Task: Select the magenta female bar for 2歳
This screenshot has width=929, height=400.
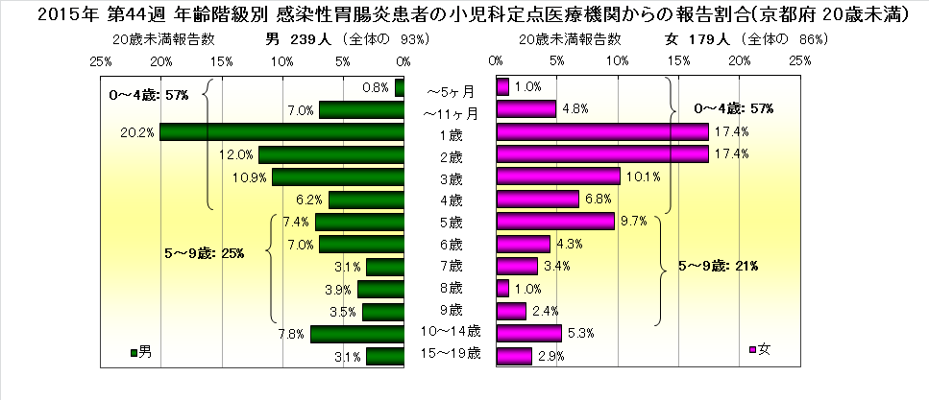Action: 602,154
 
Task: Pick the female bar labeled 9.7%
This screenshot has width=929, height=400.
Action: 555,222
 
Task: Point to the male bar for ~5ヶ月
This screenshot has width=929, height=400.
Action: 400,87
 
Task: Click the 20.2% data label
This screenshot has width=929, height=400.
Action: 139,132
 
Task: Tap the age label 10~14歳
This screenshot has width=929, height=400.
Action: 451,332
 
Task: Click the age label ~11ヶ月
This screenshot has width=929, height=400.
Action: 451,110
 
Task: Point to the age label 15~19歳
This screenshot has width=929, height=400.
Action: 451,355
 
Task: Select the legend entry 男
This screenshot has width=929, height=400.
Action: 140,351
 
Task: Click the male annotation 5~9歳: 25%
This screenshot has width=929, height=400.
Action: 204,253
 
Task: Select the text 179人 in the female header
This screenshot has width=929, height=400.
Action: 710,39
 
